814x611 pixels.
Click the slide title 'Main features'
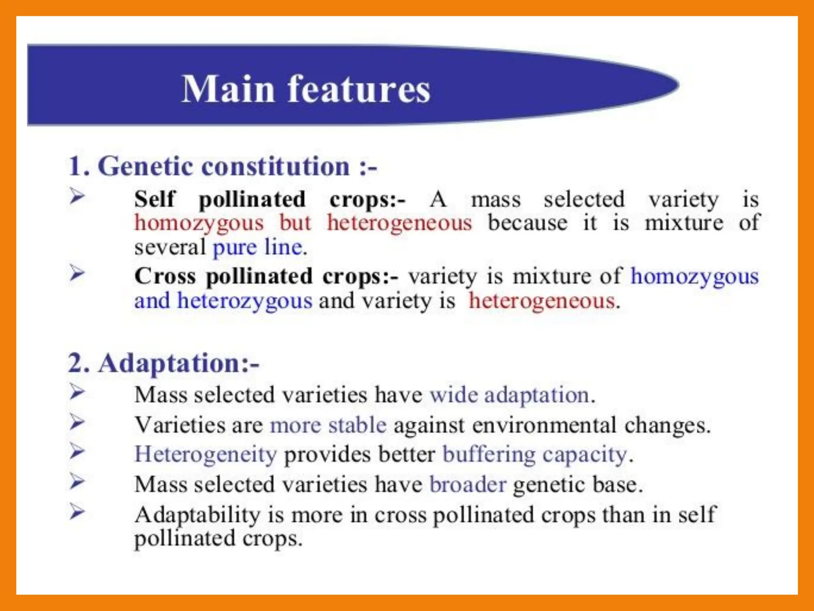pos(306,89)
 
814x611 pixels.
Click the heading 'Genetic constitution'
pos(223,166)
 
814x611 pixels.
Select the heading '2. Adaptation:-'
pos(163,363)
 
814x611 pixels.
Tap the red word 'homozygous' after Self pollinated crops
pos(199,223)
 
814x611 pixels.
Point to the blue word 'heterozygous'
pos(245,301)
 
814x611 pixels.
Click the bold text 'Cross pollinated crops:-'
pos(266,276)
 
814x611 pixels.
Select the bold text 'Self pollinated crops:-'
pos(269,199)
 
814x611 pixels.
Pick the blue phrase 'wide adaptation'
pos(509,395)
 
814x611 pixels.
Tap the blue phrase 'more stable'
pos(328,425)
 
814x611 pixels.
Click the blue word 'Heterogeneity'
pos(205,454)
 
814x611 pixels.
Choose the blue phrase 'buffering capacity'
pos(535,454)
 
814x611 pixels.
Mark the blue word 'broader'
pos(468,485)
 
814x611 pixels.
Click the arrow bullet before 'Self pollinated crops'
pos(77,196)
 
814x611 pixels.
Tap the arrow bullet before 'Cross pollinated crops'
pos(77,273)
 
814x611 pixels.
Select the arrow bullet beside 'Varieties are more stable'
pos(77,422)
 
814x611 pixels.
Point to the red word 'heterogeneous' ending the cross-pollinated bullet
pos(542,301)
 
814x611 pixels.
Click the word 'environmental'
pos(544,425)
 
